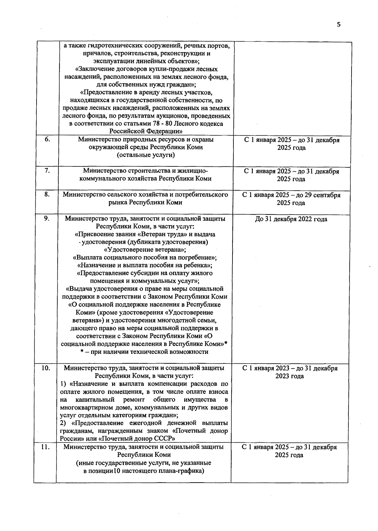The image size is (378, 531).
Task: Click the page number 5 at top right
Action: [339, 25]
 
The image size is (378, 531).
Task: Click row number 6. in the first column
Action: [47, 139]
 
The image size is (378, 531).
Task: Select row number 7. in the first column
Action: [47, 171]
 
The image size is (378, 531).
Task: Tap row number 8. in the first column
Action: [47, 194]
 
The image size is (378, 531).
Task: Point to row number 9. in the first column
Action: [47, 218]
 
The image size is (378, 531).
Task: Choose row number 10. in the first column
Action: [46, 368]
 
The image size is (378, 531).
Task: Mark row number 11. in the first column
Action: [46, 447]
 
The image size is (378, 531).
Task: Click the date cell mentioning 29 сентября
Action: [291, 199]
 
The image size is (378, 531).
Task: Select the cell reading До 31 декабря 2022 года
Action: [291, 219]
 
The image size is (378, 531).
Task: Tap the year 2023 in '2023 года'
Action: [283, 376]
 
